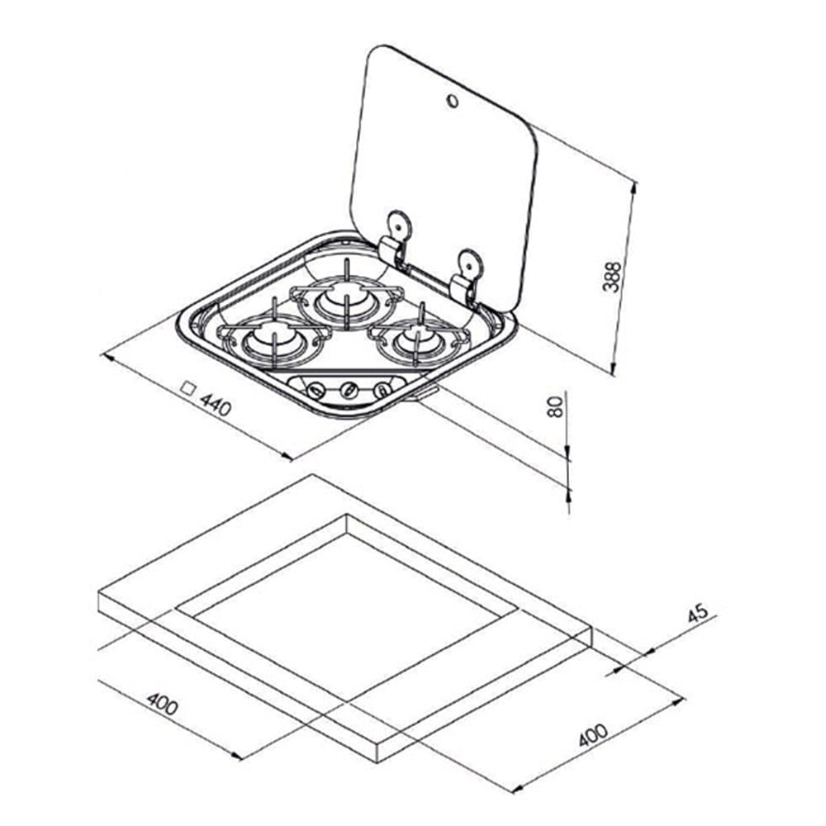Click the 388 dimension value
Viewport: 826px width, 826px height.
pyautogui.click(x=611, y=276)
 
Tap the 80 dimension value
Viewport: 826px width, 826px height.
pyautogui.click(x=555, y=406)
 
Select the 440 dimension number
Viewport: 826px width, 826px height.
pyautogui.click(x=216, y=405)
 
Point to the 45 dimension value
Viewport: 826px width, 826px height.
pyautogui.click(x=699, y=613)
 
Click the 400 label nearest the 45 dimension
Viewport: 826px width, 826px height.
pyautogui.click(x=593, y=735)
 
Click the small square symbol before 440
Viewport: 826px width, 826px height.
pyautogui.click(x=188, y=389)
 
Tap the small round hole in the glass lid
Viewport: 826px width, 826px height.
pyautogui.click(x=453, y=101)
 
